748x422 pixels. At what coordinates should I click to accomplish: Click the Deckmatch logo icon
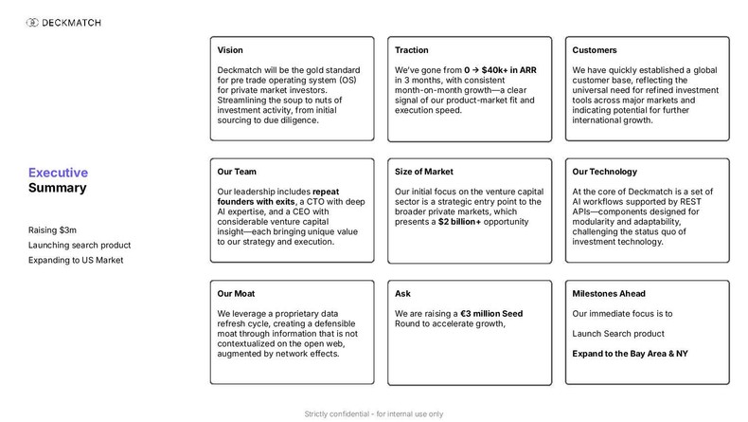[34, 21]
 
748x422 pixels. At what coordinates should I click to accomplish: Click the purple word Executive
[58, 173]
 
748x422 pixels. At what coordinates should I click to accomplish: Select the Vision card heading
[229, 50]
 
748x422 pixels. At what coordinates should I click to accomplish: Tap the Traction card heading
[412, 50]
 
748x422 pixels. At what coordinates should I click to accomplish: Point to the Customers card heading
[595, 50]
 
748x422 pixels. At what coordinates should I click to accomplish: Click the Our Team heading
[237, 172]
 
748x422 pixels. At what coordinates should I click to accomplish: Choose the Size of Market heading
[423, 172]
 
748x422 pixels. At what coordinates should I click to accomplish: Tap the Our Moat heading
[236, 293]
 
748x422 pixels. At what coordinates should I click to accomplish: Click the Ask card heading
[402, 293]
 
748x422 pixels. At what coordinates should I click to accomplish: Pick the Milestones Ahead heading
[609, 293]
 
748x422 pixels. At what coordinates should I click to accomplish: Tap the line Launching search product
[79, 245]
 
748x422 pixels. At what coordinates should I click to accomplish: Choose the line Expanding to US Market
[76, 260]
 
